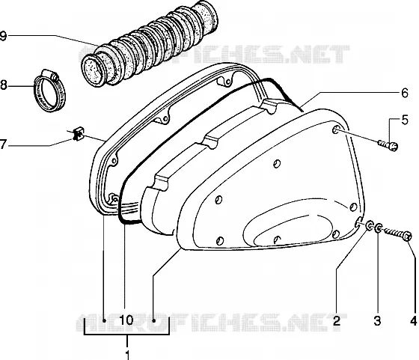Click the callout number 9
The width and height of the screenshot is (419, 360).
[x=3, y=36]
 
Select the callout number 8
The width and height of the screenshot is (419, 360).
[x=3, y=85]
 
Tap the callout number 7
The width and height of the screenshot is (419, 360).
[x=3, y=144]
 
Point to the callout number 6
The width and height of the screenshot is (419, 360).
[x=405, y=93]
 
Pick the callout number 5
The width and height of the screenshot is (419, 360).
[x=405, y=120]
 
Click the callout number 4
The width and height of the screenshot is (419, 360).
[x=413, y=320]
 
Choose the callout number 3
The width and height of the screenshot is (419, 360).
[x=377, y=320]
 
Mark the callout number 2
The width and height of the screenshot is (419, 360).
[x=337, y=320]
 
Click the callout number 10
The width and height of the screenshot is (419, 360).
[x=126, y=320]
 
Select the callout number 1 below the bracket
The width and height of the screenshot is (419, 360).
[x=127, y=355]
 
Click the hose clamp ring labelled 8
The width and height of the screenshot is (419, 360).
[x=50, y=91]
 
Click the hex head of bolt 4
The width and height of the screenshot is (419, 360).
[x=407, y=236]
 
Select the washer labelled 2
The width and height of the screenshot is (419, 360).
[x=370, y=225]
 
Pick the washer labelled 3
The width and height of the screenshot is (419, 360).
[x=379, y=228]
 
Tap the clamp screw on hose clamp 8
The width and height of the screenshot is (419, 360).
[x=51, y=74]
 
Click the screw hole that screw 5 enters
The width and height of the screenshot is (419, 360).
[x=336, y=130]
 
